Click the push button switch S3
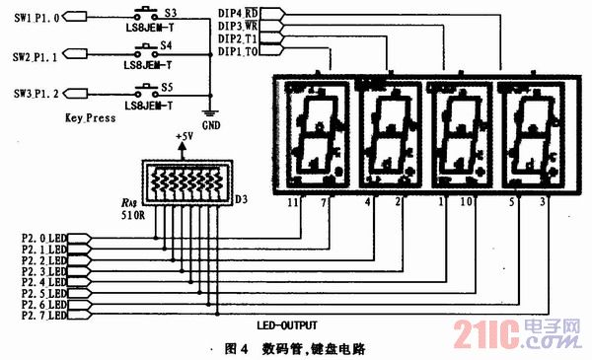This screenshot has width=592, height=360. click(x=142, y=17)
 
